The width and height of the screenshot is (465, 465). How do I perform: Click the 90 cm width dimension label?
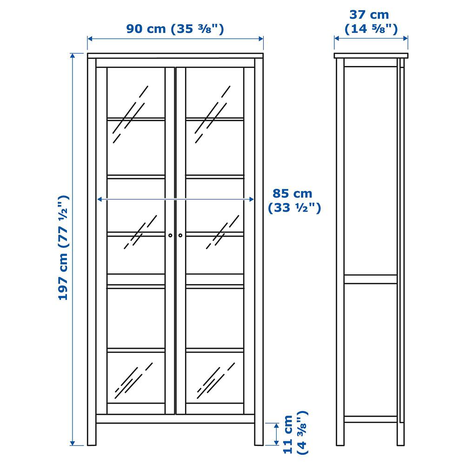pos(175,29)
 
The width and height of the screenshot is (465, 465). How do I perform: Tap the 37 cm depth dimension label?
pos(371,22)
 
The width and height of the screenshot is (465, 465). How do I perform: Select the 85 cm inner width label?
pos(294,200)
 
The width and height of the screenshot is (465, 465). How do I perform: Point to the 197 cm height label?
pos(63,248)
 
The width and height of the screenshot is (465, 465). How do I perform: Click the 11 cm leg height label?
pos(296,432)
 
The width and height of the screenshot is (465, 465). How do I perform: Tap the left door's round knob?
pos(170,235)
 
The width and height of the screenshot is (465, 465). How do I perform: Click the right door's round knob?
pos(180,235)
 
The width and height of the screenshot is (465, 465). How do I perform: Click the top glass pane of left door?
pos(136,93)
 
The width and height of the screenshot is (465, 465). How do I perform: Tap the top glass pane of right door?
pos(215,93)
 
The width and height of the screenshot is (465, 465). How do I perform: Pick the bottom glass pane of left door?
pos(136,378)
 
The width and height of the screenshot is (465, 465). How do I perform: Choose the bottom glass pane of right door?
pos(215,378)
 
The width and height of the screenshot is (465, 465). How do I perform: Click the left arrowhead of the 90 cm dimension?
pos(90,39)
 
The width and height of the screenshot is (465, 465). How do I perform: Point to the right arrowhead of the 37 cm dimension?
pos(405,38)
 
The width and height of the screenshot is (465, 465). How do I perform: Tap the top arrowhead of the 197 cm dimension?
pos(73,56)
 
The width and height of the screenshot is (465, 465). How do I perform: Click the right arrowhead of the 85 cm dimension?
pos(251,199)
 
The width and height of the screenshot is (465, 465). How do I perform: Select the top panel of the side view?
pos(371,56)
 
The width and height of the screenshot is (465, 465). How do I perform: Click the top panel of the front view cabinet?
pos(175,56)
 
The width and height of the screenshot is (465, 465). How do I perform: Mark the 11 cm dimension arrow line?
pos(276,434)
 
